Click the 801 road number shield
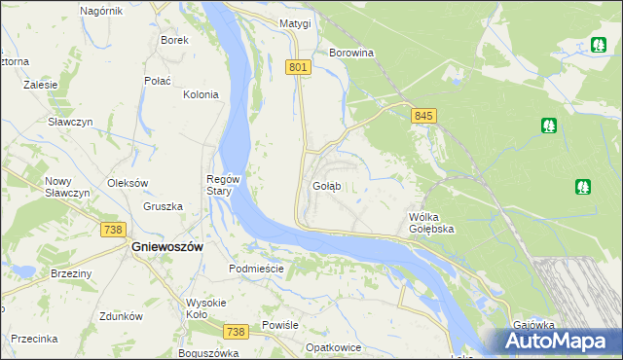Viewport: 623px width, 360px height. (299, 67)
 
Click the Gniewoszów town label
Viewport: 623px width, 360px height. (166, 247)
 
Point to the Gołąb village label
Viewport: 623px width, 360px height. (326, 186)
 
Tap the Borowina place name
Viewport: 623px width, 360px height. (352, 53)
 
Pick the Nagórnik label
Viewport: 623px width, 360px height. (101, 10)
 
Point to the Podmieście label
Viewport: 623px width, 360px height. (255, 269)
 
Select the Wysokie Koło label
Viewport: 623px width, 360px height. (206, 307)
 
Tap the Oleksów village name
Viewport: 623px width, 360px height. (128, 183)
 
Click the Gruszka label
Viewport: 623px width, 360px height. (164, 206)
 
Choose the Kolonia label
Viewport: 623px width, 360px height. (201, 94)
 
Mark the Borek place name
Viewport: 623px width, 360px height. (174, 40)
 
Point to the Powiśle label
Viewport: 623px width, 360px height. (280, 325)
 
